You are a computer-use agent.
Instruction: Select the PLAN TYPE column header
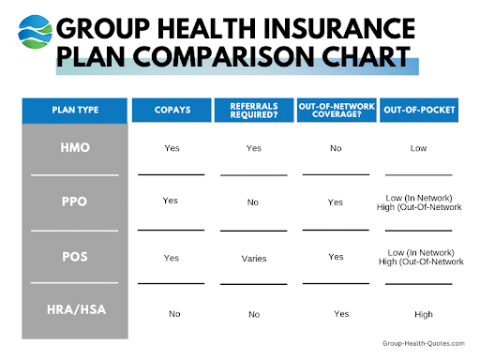[75, 111]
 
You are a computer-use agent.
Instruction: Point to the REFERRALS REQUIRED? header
[254, 111]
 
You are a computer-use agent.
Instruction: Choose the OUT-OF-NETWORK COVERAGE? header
[336, 111]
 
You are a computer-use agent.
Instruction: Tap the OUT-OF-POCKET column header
[418, 111]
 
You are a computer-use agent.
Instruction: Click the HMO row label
[75, 148]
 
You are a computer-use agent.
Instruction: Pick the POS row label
[75, 255]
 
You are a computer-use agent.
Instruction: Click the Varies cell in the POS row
[254, 257]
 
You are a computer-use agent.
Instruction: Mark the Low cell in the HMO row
[418, 148]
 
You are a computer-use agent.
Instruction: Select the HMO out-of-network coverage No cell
[336, 147]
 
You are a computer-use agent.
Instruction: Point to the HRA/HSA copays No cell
[174, 314]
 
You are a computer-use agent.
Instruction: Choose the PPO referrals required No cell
[254, 202]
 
